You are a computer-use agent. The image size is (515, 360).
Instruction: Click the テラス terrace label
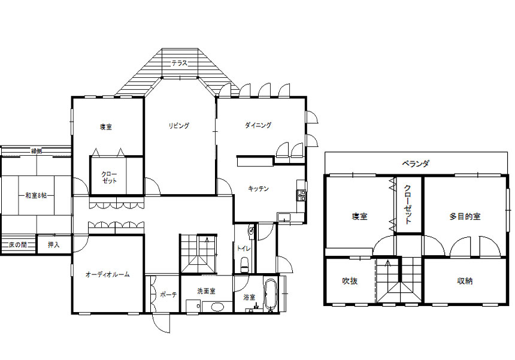pyautogui.click(x=179, y=63)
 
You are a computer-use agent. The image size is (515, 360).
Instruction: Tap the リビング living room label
pyautogui.click(x=179, y=126)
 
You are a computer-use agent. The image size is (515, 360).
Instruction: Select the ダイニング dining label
pyautogui.click(x=258, y=125)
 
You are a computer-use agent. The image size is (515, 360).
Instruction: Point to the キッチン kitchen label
pyautogui.click(x=259, y=189)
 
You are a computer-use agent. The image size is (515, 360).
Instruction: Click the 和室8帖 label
pyautogui.click(x=36, y=195)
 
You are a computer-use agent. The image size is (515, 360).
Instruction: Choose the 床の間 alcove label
pyautogui.click(x=18, y=245)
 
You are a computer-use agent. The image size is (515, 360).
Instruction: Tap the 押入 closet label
pyautogui.click(x=53, y=245)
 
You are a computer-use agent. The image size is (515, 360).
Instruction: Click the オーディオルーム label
pyautogui.click(x=108, y=274)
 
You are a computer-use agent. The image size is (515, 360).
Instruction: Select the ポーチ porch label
pyautogui.click(x=168, y=295)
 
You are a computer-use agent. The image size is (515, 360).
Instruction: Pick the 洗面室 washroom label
pyautogui.click(x=206, y=291)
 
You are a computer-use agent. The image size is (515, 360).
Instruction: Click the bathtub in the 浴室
pyautogui.click(x=271, y=295)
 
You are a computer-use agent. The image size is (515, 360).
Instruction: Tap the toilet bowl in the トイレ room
pyautogui.click(x=245, y=265)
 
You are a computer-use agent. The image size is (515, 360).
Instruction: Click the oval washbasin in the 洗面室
pyautogui.click(x=217, y=307)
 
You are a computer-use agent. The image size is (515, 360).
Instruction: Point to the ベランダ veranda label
pyautogui.click(x=416, y=164)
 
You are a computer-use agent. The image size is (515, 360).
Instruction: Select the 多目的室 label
pyautogui.click(x=465, y=216)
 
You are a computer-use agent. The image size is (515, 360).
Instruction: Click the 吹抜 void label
pyautogui.click(x=350, y=281)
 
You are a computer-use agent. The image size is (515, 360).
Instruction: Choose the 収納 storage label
pyautogui.click(x=465, y=281)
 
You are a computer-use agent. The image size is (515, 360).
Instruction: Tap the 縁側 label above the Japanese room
pyautogui.click(x=37, y=151)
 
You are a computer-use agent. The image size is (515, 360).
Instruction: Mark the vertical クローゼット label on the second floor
pyautogui.click(x=408, y=205)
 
